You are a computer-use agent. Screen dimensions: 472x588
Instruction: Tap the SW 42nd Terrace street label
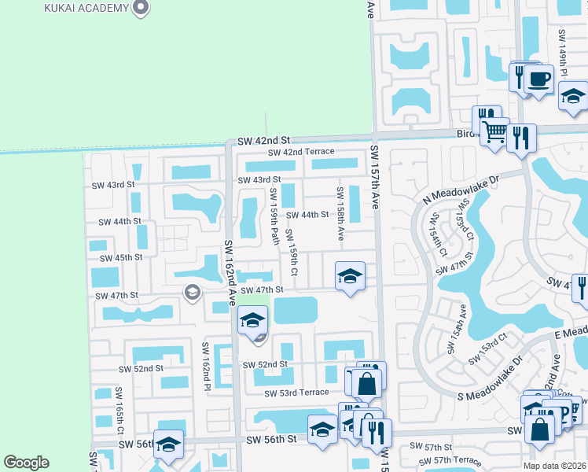tap(301, 152)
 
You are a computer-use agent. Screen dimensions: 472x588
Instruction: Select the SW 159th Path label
tap(275, 216)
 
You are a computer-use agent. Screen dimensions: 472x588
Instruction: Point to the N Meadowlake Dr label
tap(461, 190)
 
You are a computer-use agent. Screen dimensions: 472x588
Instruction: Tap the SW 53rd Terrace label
tap(296, 393)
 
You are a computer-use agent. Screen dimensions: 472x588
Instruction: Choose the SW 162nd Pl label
tap(207, 367)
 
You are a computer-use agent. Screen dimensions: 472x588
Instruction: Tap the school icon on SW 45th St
tap(350, 276)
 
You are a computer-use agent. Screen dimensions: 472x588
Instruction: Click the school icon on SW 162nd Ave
tap(252, 321)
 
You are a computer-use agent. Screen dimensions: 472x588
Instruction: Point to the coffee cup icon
tap(539, 79)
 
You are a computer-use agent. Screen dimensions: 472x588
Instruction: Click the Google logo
tap(26, 463)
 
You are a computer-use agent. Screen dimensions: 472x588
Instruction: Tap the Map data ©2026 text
tap(554, 465)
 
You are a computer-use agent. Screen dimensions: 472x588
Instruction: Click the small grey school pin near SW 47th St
tap(191, 293)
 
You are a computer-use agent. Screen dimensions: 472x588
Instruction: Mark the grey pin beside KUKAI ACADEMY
tap(141, 8)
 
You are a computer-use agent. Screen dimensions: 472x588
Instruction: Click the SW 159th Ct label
tap(291, 252)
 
